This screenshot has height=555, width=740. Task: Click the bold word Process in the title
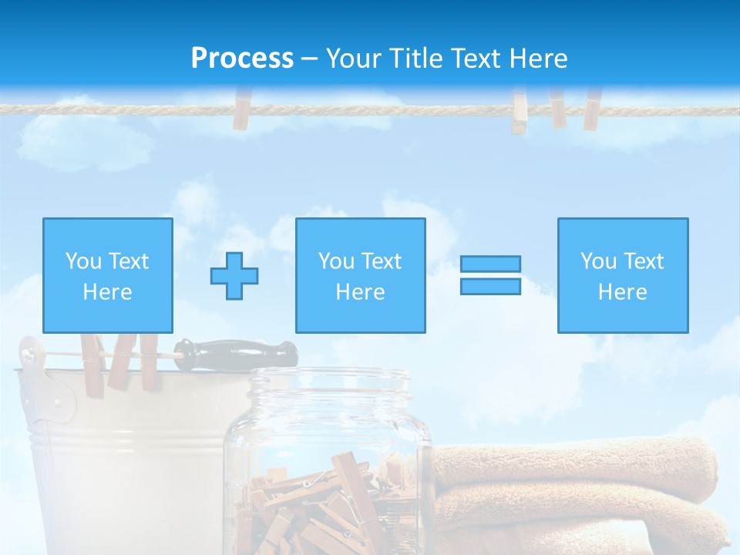[x=242, y=59]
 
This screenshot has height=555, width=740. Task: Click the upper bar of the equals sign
[x=490, y=264]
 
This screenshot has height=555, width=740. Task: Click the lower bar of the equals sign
[x=490, y=286]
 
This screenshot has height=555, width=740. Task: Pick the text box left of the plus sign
[x=108, y=275]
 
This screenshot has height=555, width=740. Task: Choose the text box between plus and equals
[x=360, y=275]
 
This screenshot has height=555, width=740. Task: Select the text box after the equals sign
[x=622, y=275]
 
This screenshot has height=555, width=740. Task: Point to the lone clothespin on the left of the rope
[x=243, y=109]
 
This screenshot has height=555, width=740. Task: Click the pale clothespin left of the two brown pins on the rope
[x=520, y=112]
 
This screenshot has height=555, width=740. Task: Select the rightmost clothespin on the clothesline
[x=592, y=108]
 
